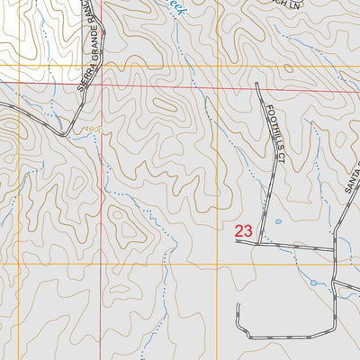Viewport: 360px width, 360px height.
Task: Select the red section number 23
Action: (243, 231)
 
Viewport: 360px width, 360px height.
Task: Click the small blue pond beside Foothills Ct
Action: (278, 221)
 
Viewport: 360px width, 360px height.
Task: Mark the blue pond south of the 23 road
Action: (313, 283)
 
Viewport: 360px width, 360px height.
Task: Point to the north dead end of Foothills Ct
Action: (258, 84)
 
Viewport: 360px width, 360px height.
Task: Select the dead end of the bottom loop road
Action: (238, 305)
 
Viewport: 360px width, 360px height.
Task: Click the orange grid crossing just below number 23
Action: (217, 265)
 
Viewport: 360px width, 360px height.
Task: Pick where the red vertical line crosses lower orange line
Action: (102, 265)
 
